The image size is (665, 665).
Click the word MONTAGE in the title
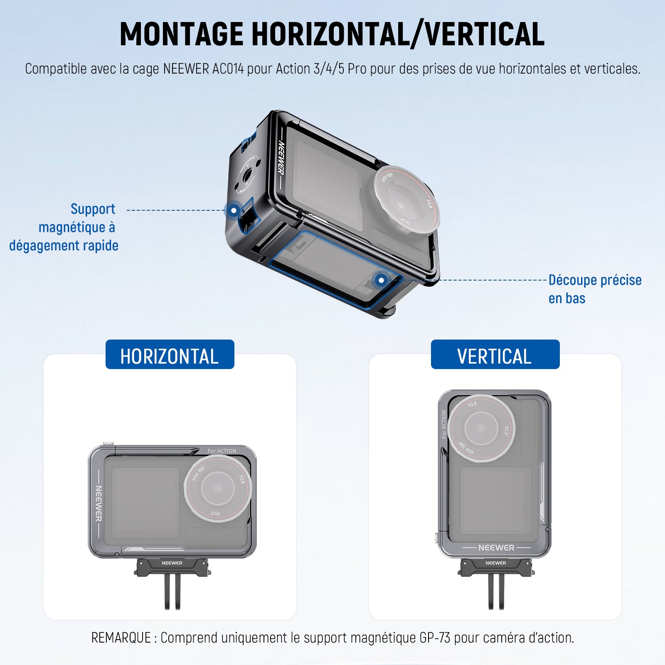pyautogui.click(x=181, y=34)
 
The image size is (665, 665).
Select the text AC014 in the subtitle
pyautogui.click(x=228, y=69)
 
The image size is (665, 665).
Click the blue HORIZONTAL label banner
pyautogui.click(x=170, y=355)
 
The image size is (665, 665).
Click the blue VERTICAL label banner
pyautogui.click(x=495, y=355)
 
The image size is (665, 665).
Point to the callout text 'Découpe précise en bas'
pyautogui.click(x=595, y=289)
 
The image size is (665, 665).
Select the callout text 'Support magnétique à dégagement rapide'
pyautogui.click(x=64, y=227)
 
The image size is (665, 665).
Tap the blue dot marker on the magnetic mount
pyautogui.click(x=234, y=210)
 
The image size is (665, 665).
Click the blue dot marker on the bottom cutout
pyautogui.click(x=381, y=280)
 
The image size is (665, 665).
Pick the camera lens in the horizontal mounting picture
pyautogui.click(x=218, y=488)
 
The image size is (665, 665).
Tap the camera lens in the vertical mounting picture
pyautogui.click(x=481, y=429)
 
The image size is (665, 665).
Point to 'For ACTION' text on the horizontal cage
pyautogui.click(x=222, y=451)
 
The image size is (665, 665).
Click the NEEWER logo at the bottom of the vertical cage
pyautogui.click(x=496, y=548)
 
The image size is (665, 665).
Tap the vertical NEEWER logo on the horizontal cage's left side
pyautogui.click(x=99, y=503)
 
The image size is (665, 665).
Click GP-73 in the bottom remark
pyautogui.click(x=435, y=638)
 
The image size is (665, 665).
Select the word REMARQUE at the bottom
pyautogui.click(x=121, y=638)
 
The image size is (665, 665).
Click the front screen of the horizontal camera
pyautogui.click(x=145, y=503)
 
